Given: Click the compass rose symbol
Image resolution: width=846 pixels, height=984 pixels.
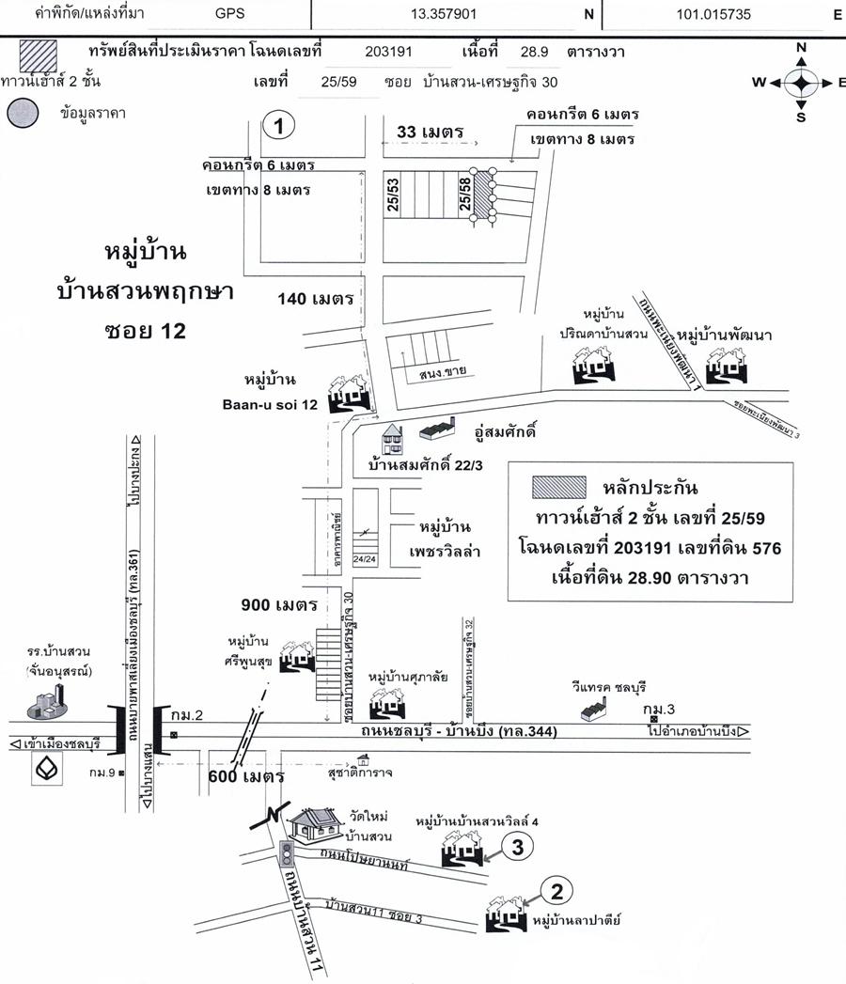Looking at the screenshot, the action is pos(801,82).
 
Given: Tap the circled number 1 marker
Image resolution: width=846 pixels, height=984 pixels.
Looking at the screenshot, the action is pos(279,124).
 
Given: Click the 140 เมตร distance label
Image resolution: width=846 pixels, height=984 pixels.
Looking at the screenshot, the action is pos(316,299).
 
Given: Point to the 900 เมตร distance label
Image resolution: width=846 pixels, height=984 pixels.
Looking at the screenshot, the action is pos(282,604).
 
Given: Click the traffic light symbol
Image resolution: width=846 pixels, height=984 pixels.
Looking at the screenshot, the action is pos(286,853).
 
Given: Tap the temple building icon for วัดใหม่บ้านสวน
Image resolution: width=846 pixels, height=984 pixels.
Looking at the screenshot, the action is pos(316,827).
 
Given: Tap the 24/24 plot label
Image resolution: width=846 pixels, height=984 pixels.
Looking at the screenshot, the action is pos(364,557).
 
